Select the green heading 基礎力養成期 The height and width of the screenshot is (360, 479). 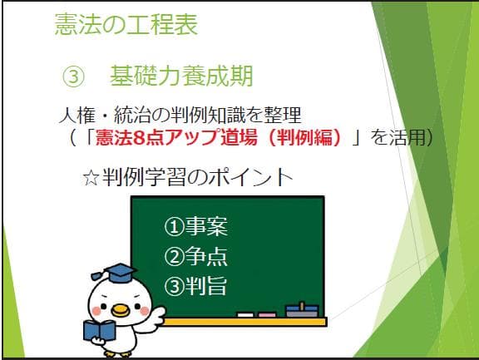pyautogui.click(x=180, y=76)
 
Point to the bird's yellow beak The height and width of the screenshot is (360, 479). pyautogui.click(x=122, y=310)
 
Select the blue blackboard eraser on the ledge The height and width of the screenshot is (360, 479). pyautogui.click(x=301, y=311)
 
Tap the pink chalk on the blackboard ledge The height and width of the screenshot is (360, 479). pyautogui.click(x=267, y=314)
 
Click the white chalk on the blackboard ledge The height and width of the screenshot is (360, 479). pyautogui.click(x=245, y=314)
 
